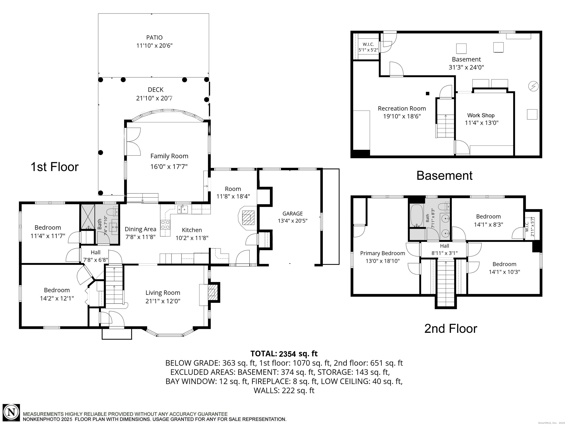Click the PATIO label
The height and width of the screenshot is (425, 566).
pos(154,38)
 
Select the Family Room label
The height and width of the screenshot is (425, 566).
pos(169,156)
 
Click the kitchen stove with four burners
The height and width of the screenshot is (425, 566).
pos(165,225)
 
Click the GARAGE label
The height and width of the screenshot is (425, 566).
pos(292,213)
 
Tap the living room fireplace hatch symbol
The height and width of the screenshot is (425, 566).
pos(212,293)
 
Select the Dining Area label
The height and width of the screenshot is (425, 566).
pos(140,229)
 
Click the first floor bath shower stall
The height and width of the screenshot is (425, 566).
pos(88,217)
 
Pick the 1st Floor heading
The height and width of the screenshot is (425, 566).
pos(55,167)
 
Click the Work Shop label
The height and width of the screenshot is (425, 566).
pos(481,115)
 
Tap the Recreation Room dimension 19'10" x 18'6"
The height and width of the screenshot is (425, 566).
pos(402,116)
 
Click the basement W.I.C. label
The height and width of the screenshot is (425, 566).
pos(368,44)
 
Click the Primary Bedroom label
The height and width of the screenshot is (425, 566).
pos(382,253)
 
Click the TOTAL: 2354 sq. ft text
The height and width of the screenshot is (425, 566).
pos(284,354)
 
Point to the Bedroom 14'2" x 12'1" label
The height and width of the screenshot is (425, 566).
pos(57,290)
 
